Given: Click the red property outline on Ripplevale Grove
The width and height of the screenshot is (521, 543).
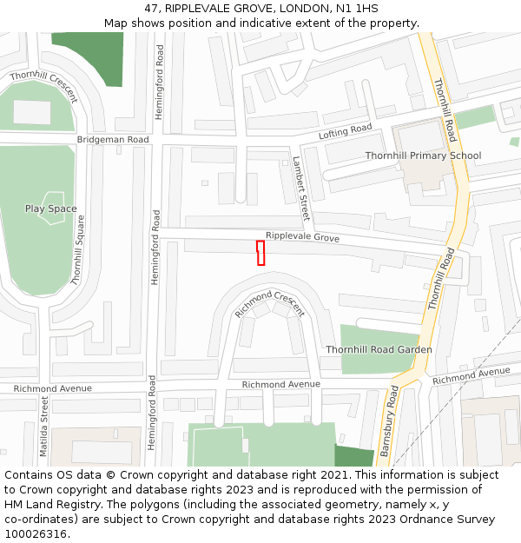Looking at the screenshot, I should tap(260, 253).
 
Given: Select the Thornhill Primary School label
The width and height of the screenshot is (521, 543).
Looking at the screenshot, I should tap(423, 156).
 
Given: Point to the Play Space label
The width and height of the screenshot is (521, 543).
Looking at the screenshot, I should tap(50, 209).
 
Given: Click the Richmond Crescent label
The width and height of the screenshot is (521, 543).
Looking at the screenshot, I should tap(270, 303).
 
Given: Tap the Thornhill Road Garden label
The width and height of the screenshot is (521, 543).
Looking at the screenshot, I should tap(379, 350).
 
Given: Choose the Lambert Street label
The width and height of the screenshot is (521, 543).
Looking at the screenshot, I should tap(300, 188).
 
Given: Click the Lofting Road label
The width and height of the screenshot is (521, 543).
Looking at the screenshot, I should tap(345, 131).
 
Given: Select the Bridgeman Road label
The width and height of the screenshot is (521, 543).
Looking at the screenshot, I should tap(113, 140).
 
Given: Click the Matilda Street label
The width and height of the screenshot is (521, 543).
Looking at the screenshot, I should tap(44, 421).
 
